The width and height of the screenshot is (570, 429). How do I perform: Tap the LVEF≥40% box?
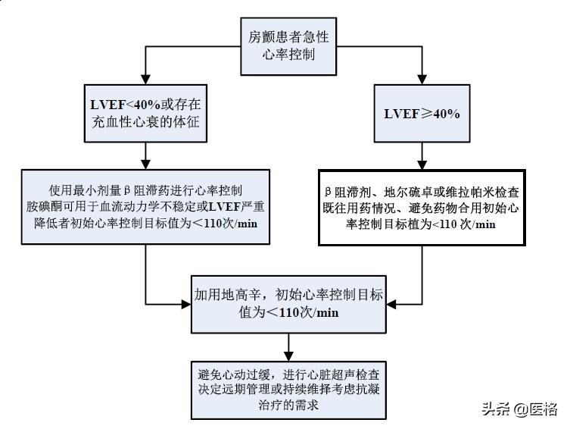tap(422, 113)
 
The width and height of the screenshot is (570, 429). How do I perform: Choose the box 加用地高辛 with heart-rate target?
tap(288, 302)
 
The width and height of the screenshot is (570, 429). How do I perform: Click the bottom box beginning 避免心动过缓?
tap(288, 389)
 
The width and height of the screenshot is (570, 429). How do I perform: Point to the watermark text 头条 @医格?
tap(519, 409)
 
